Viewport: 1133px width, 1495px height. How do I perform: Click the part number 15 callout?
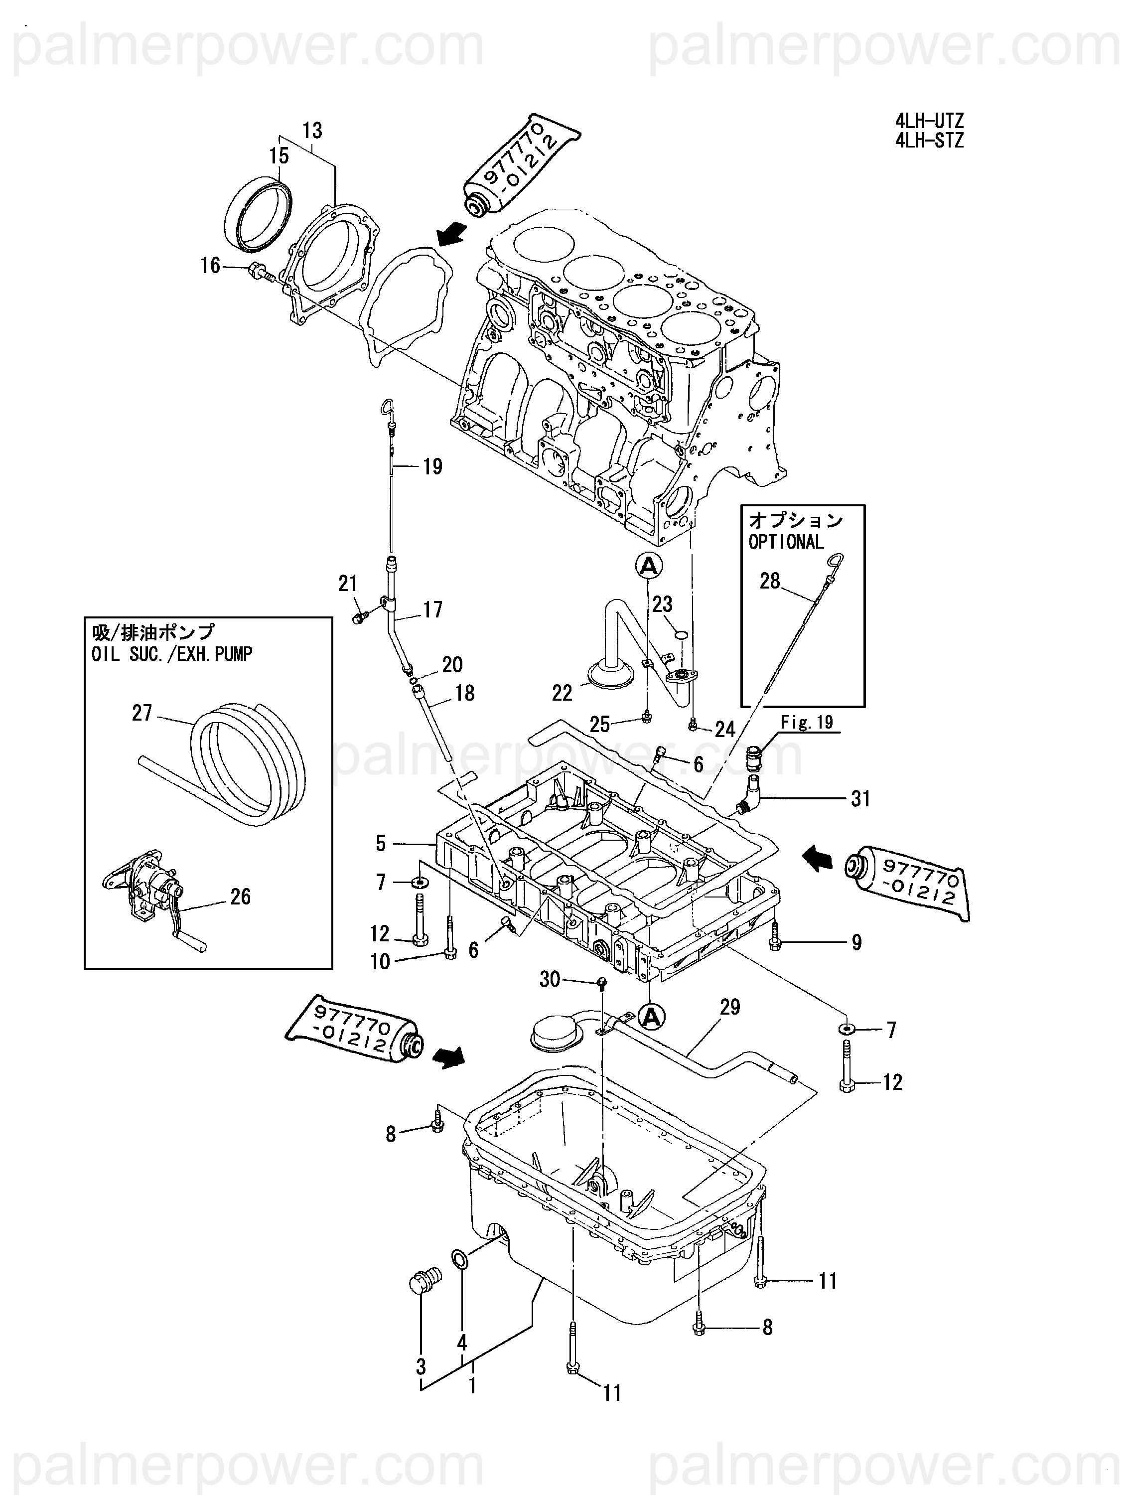click(x=279, y=156)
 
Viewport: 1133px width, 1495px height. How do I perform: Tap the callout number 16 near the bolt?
click(x=210, y=266)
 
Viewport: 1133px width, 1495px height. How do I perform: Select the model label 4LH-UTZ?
click(x=929, y=121)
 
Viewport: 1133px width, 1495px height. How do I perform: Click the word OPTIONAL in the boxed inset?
click(x=786, y=542)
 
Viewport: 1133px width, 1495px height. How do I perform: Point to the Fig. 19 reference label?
click(x=807, y=723)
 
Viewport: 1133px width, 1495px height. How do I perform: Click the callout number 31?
click(x=860, y=799)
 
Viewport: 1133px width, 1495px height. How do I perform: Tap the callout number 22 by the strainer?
click(x=562, y=693)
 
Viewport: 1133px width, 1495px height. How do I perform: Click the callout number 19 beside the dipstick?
click(x=432, y=466)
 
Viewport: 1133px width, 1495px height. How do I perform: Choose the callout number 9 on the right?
click(x=856, y=942)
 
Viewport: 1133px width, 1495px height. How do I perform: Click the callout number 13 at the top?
click(x=312, y=131)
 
